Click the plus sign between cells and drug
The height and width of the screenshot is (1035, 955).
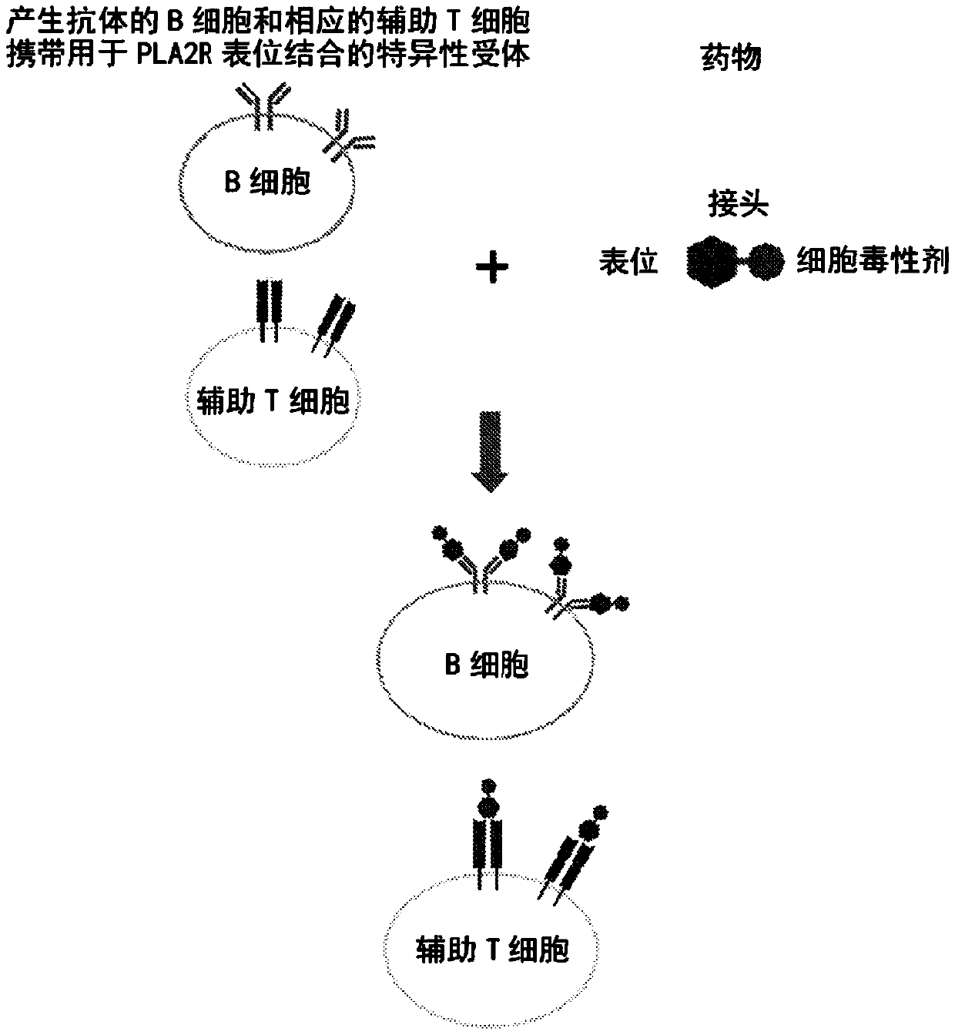click(492, 269)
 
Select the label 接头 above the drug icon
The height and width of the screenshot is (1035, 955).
click(738, 206)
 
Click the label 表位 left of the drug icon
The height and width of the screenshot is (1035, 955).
click(628, 263)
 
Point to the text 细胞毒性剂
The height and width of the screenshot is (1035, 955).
click(872, 263)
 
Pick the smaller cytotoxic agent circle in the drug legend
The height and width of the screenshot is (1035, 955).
click(766, 261)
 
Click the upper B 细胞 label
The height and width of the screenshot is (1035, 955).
click(268, 183)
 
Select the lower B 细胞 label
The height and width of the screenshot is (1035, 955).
click(486, 664)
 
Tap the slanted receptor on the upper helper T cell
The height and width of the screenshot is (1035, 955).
click(333, 323)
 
